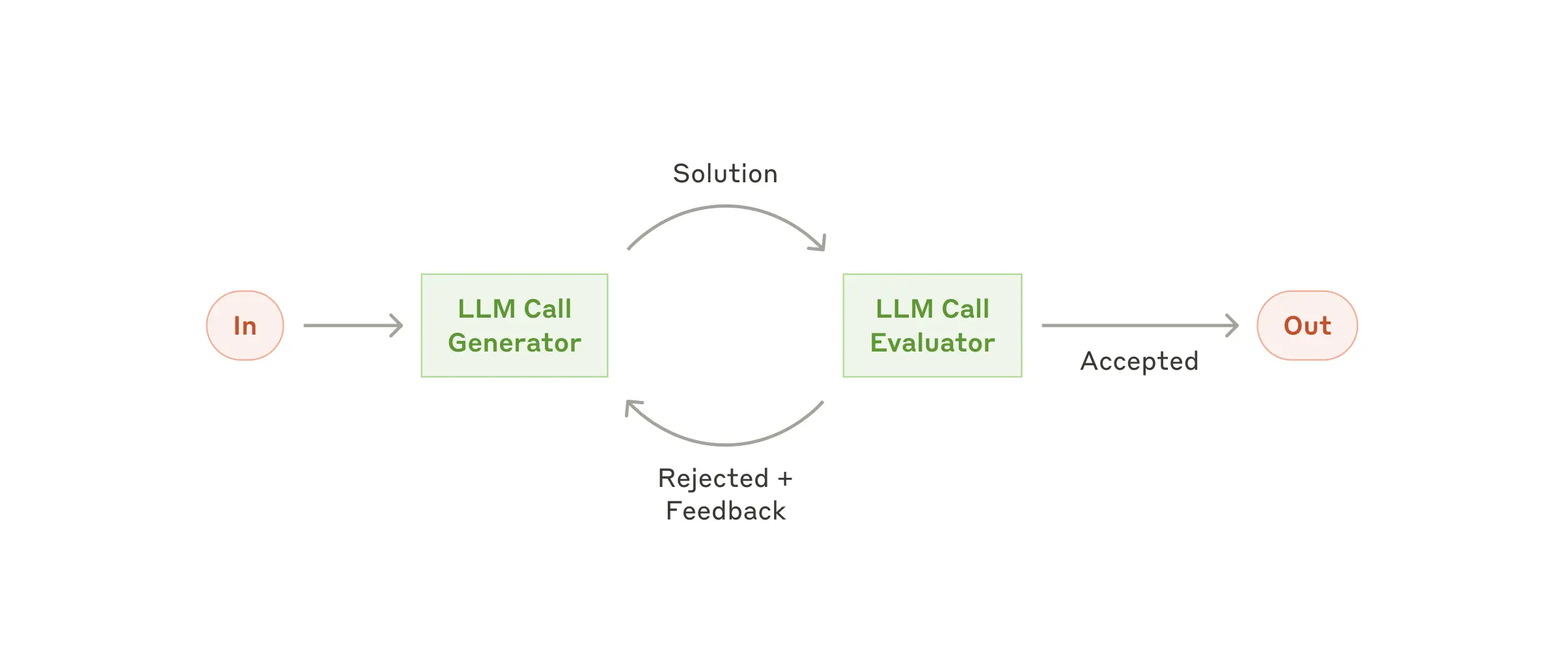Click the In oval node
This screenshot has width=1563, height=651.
click(245, 325)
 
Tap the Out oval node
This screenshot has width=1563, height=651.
click(1307, 325)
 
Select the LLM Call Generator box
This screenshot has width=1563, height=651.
click(514, 325)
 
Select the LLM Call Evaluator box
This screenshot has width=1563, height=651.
click(932, 325)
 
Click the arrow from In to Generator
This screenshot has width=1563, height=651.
click(352, 325)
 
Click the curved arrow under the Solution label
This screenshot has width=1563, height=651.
click(726, 207)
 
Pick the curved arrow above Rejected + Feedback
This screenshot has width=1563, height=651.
click(726, 444)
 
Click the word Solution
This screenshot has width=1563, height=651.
click(725, 174)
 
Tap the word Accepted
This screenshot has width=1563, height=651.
click(1139, 361)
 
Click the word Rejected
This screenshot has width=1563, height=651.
click(713, 478)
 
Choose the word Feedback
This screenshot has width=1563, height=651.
click(726, 511)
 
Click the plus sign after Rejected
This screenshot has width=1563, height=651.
click(785, 479)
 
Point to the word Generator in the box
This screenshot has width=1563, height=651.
click(514, 343)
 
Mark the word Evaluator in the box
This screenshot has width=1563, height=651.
click(932, 343)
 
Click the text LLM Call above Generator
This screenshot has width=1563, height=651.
click(514, 309)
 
